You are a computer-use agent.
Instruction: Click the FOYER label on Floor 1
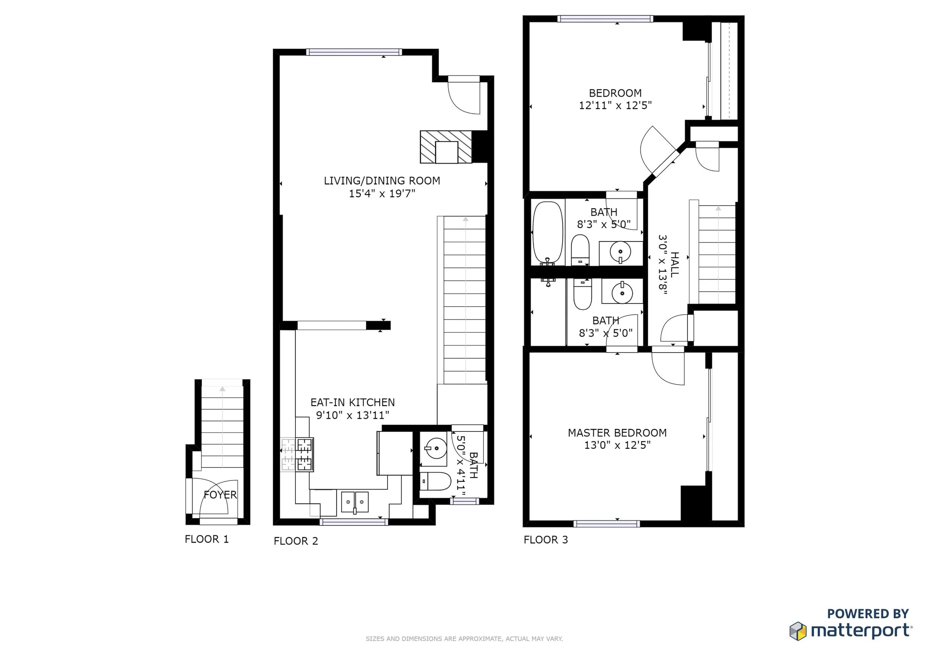click(220, 494)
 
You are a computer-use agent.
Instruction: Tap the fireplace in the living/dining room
click(446, 147)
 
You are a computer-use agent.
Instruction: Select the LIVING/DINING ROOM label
click(382, 181)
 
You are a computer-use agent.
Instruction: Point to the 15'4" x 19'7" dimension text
click(382, 193)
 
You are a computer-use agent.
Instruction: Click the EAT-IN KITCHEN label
click(352, 402)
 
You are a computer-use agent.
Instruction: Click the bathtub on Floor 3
click(548, 233)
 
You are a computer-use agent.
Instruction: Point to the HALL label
click(674, 265)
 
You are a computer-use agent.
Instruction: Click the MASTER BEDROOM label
click(617, 433)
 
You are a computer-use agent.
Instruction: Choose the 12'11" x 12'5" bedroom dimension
click(615, 105)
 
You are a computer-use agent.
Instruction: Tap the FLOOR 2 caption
click(296, 541)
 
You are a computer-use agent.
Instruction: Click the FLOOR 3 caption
click(546, 540)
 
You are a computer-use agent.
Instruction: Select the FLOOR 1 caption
click(206, 539)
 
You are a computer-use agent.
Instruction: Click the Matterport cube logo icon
click(798, 631)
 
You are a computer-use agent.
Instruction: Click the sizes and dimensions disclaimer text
click(464, 639)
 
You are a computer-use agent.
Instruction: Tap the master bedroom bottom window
click(606, 524)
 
